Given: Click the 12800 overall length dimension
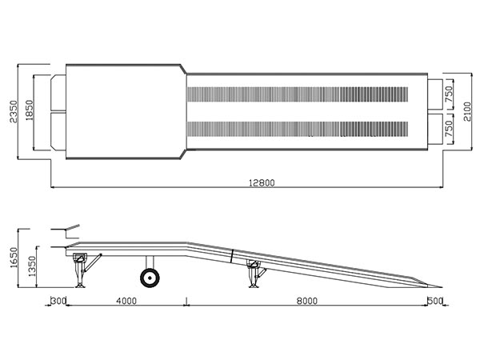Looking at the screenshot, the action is [x=262, y=182].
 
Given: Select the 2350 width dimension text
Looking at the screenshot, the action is [x=14, y=111].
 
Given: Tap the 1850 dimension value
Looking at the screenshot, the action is [x=30, y=110].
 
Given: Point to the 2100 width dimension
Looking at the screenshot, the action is [x=467, y=111].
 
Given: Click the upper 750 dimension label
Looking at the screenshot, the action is [x=449, y=94].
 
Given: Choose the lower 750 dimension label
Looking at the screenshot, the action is [x=449, y=129].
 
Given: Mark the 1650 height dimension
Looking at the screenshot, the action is [x=14, y=258].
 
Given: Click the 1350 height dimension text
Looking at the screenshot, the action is [x=32, y=266].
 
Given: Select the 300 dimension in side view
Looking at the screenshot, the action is [x=58, y=301].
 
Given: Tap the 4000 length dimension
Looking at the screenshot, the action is [x=126, y=301].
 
